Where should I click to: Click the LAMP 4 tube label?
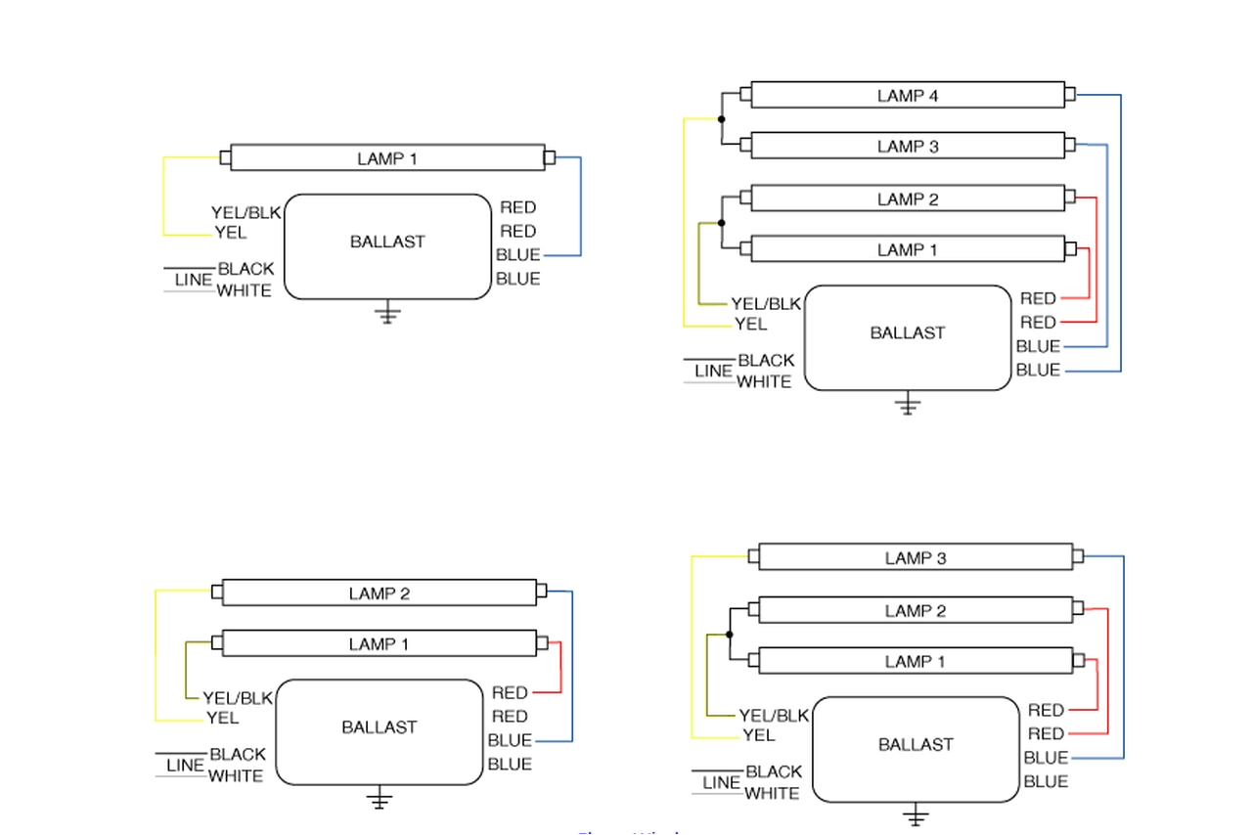pos(907,96)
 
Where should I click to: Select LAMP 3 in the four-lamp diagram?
pos(907,147)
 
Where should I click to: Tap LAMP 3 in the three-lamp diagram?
pos(915,558)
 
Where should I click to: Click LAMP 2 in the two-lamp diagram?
pos(379,593)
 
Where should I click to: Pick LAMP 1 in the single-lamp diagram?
pos(386,158)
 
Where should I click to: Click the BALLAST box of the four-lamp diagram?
pos(907,337)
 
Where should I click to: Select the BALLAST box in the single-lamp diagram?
pos(386,245)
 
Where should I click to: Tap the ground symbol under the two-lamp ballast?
pos(380,801)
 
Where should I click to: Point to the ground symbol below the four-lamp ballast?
pos(908,405)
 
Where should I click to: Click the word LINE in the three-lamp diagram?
pos(721,783)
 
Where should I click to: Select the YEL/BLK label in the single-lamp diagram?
pos(246,212)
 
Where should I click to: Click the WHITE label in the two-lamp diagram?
pos(235,776)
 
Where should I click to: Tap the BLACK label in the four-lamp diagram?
pos(766,361)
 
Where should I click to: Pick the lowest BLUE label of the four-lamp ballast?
pos(1038,371)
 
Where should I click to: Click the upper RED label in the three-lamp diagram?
pos(1046,711)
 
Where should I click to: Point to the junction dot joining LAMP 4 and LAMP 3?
pos(721,119)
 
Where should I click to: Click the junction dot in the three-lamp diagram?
pos(729,635)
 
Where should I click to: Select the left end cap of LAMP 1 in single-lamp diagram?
pos(226,157)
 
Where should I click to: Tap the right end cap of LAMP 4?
pos(1069,95)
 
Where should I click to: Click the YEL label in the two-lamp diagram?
pos(222,719)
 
